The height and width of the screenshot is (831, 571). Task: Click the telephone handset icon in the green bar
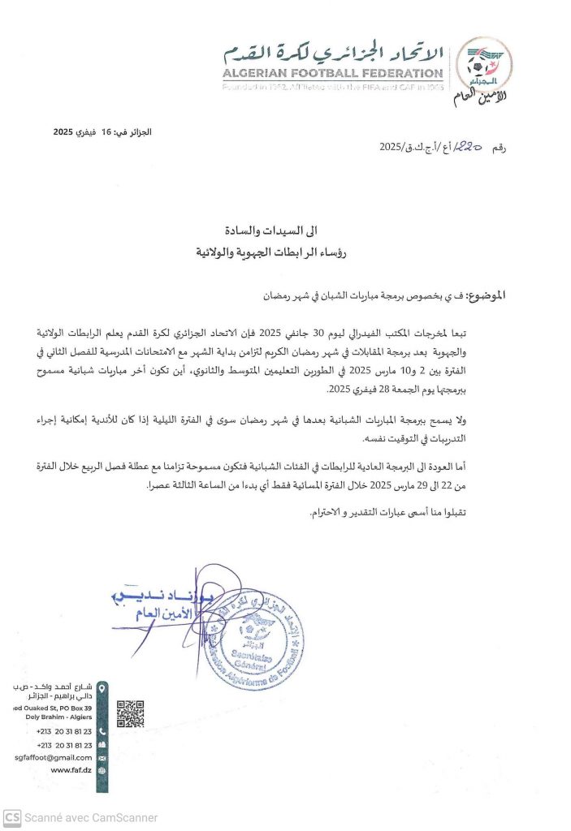(102, 730)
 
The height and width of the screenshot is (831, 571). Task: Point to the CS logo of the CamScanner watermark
(11, 817)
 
